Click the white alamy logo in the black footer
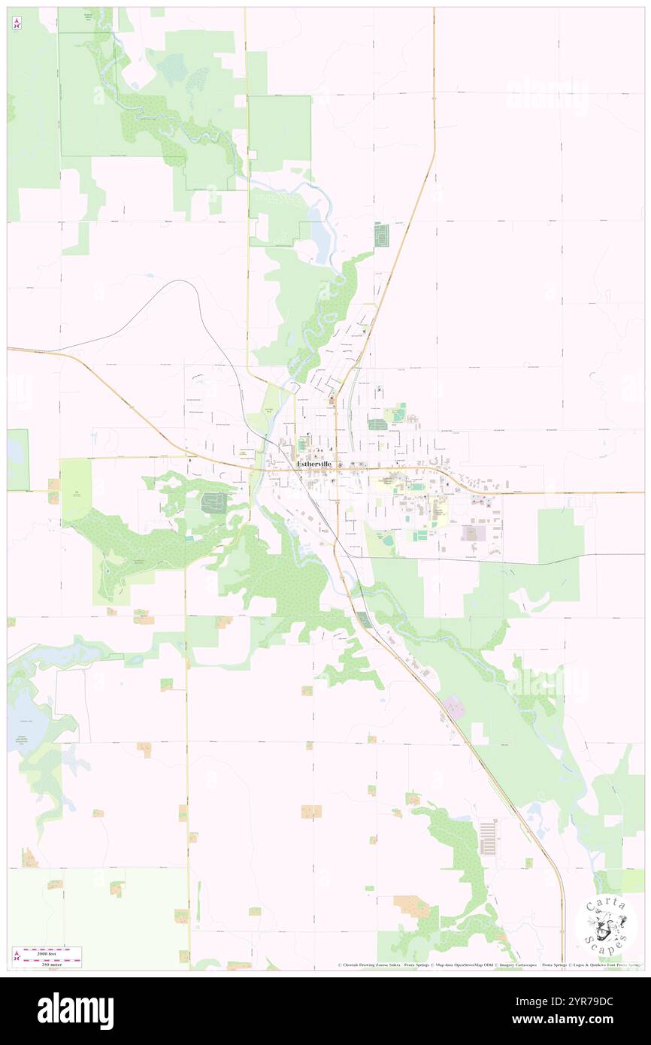(x=75, y=1010)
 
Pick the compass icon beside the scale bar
(x=17, y=956)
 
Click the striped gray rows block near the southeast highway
(x=488, y=837)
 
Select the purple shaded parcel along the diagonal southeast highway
(x=453, y=707)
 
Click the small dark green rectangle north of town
(x=382, y=236)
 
